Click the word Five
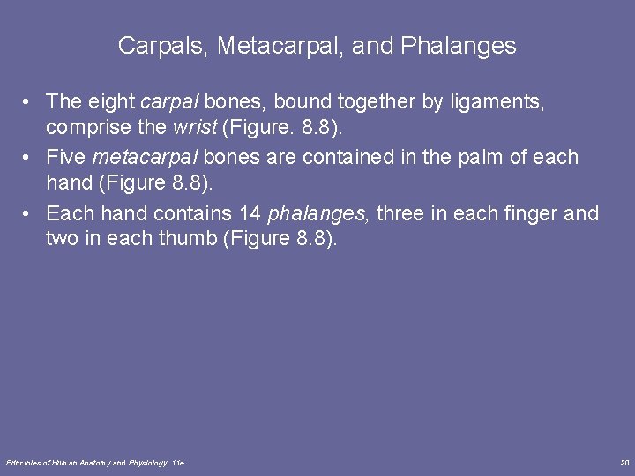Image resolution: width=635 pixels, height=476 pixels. tap(66, 157)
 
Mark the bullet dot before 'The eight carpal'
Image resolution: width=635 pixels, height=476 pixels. tap(30, 102)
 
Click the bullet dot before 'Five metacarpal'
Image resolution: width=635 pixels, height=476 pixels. tap(30, 158)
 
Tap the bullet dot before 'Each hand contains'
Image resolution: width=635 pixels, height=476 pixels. tap(30, 214)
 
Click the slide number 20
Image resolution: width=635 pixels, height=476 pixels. tap(624, 463)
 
